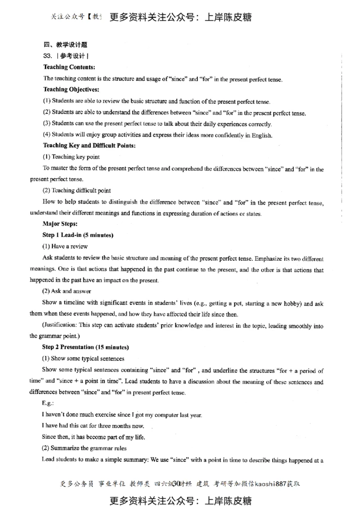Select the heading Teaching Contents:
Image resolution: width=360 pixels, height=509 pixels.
point(69,67)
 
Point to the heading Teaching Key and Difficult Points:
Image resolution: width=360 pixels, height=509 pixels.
point(89,145)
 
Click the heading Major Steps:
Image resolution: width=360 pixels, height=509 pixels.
point(60,223)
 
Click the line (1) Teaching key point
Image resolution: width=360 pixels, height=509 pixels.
point(71,157)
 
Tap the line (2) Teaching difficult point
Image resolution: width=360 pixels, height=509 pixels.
point(76,190)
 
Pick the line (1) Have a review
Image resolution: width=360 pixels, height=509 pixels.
point(65,246)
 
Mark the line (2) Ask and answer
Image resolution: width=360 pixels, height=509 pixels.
point(67,291)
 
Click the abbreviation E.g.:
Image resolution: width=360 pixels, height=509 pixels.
point(48,403)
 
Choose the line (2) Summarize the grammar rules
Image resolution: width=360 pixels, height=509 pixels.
point(84,448)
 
